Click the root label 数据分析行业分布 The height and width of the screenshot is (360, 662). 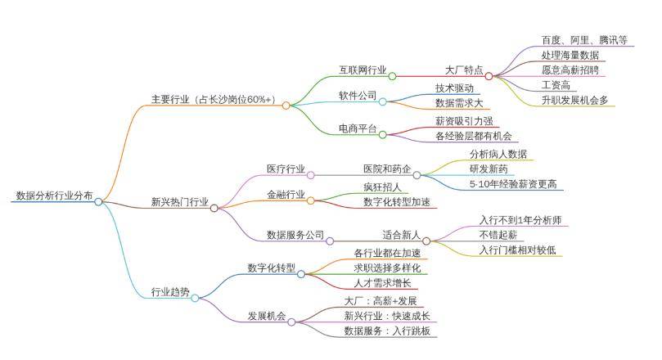(54, 196)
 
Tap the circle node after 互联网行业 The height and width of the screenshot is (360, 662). (392, 76)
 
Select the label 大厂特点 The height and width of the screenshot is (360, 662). (464, 70)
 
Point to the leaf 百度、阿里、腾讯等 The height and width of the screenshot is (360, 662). (584, 40)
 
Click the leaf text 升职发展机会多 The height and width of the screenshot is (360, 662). (574, 100)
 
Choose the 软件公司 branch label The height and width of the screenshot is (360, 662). (358, 96)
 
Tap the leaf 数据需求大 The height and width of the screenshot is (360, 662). (459, 103)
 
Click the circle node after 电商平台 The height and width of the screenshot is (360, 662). (382, 135)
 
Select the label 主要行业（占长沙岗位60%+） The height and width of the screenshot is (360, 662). (214, 100)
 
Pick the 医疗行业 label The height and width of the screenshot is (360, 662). (286, 169)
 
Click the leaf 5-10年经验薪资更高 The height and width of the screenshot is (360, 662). (513, 184)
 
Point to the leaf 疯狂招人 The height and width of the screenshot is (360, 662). (382, 187)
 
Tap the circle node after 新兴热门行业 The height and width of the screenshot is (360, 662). (214, 208)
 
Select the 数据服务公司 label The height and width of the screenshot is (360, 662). (295, 235)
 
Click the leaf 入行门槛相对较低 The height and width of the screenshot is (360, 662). (517, 250)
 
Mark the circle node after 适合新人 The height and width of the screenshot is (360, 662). (426, 241)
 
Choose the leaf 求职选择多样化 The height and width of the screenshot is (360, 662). (387, 268)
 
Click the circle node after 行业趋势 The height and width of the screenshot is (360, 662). (195, 299)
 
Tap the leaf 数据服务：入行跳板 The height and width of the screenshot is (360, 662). (387, 331)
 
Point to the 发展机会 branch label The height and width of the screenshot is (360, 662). (267, 316)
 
